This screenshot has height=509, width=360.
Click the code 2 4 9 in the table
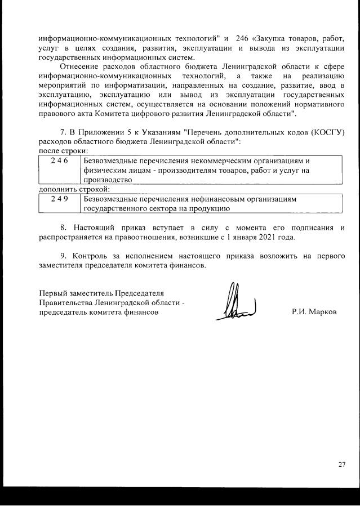point(59,199)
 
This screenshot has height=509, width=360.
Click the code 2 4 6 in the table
point(59,160)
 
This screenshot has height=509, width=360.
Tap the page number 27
point(341,465)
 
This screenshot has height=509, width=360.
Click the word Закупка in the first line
point(274,39)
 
